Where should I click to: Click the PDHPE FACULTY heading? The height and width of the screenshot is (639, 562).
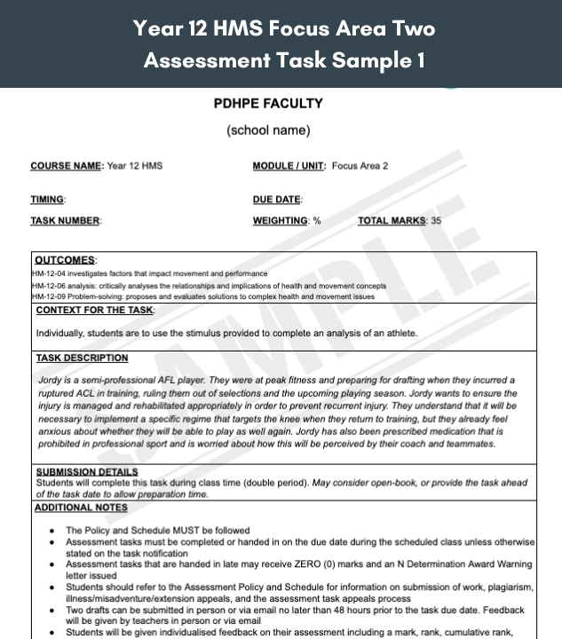268,104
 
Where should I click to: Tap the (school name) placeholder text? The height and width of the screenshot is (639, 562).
268,130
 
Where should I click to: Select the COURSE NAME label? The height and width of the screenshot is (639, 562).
67,166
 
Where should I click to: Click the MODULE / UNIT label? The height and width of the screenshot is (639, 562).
289,166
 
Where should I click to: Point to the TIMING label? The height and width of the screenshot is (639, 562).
47,201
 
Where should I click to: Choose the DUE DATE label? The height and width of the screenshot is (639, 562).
276,201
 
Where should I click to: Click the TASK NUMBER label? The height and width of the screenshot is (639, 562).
65,221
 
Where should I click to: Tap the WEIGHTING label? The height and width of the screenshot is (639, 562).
281,221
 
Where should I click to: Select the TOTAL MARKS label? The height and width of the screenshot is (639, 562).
392,221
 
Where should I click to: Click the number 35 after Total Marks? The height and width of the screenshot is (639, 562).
435,221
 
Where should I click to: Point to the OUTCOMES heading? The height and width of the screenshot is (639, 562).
65,261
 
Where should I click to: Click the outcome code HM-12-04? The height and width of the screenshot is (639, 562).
49,274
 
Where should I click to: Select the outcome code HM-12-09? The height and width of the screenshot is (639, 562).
49,296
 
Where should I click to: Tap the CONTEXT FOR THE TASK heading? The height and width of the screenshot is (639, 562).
95,311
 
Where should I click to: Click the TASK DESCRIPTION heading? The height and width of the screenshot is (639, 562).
83,359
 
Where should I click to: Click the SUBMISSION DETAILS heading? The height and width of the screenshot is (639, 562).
87,472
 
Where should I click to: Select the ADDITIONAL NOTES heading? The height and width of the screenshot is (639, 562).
82,508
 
